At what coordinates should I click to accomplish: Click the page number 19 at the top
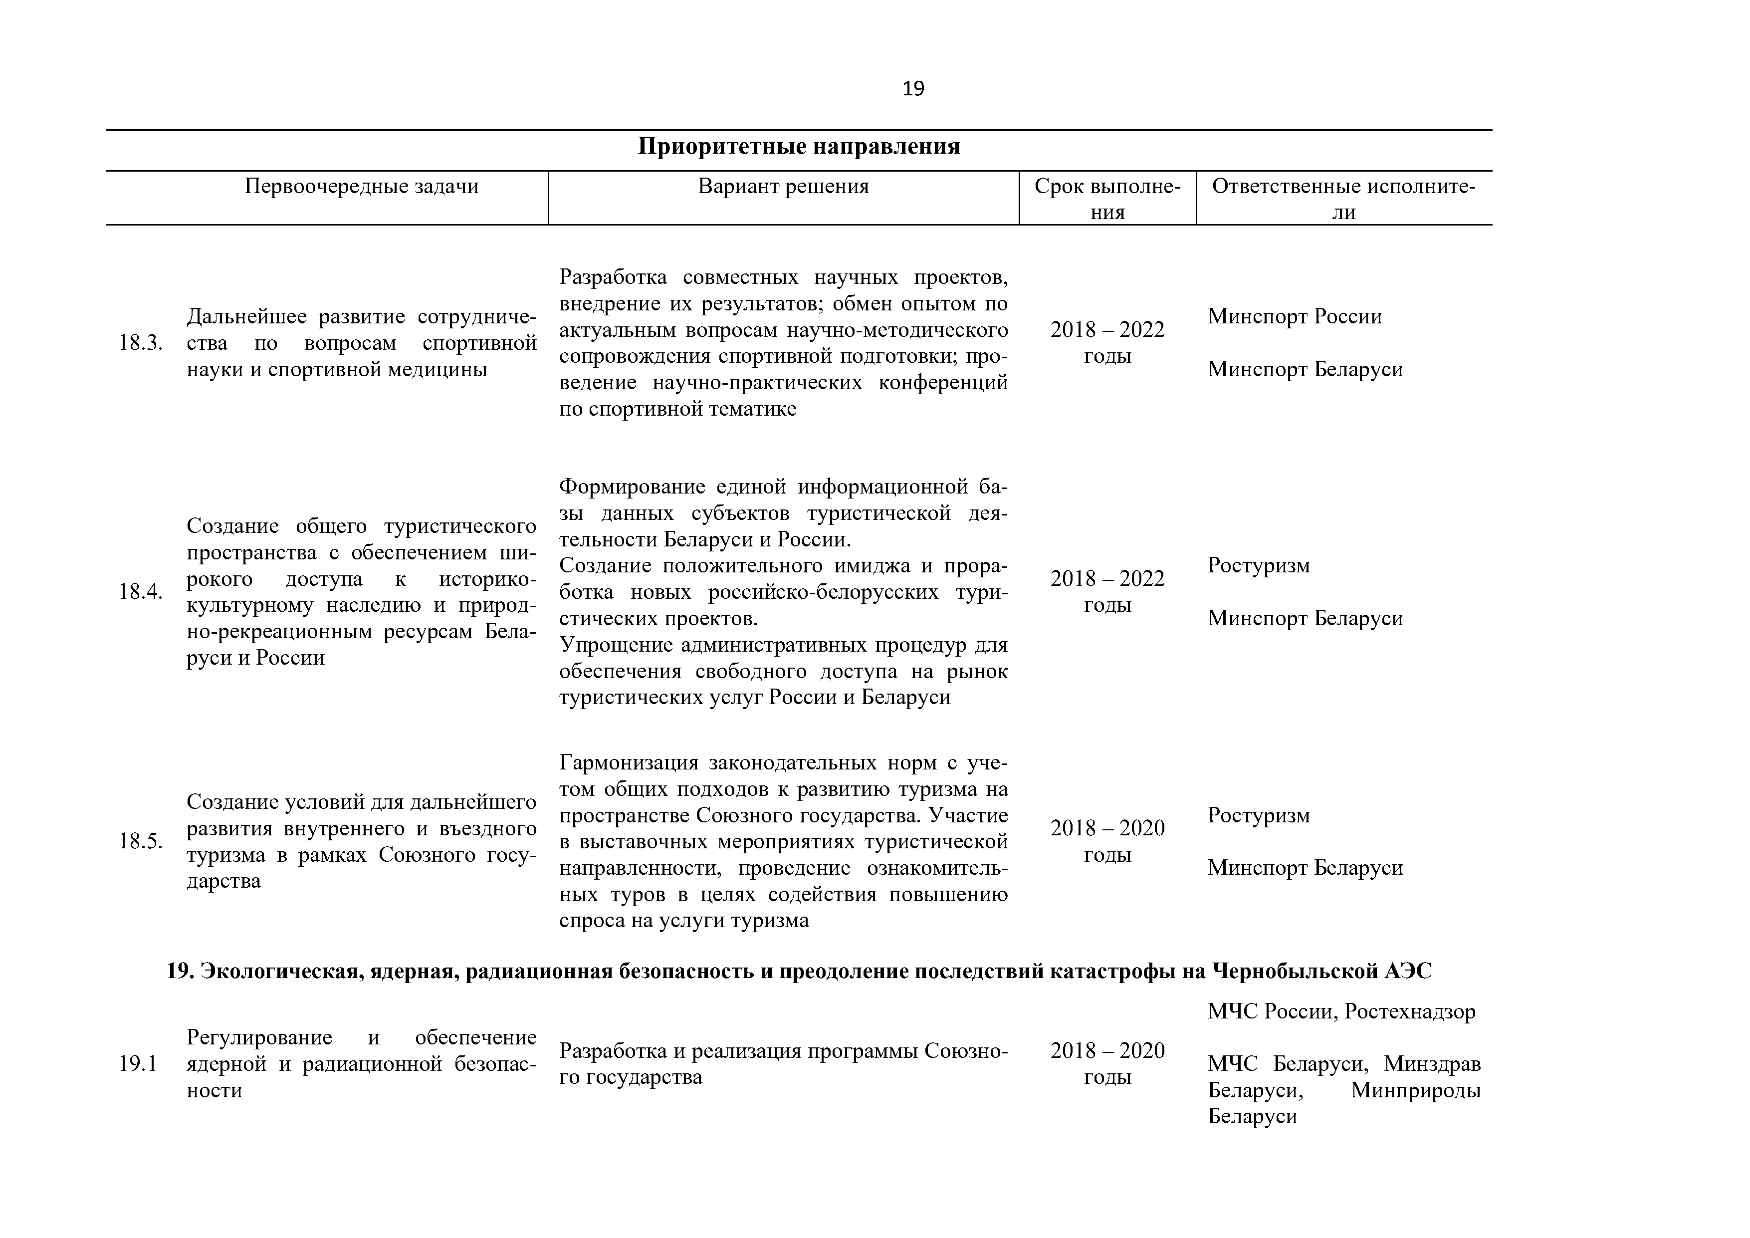913,89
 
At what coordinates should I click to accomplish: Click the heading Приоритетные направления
799,146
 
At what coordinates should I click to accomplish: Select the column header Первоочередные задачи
361,187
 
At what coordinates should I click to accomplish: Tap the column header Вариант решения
784,187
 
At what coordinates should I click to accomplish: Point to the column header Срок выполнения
1107,199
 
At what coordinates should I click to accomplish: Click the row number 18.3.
140,343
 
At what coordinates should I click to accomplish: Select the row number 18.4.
140,592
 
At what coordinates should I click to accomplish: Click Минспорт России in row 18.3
1294,316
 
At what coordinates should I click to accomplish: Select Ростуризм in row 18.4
1259,566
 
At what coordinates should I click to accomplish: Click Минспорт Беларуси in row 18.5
1305,868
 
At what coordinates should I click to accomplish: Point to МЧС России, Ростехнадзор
1341,1011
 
